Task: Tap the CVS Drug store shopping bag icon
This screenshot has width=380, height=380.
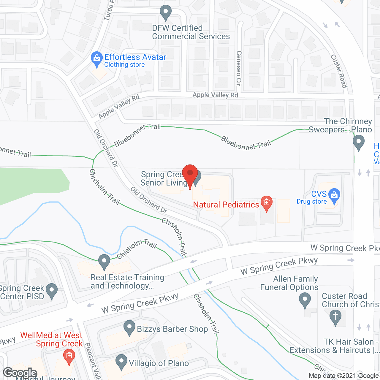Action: pyautogui.click(x=334, y=196)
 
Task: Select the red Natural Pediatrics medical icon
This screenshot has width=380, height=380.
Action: pyautogui.click(x=266, y=203)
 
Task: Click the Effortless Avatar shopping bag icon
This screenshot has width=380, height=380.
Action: pyautogui.click(x=96, y=59)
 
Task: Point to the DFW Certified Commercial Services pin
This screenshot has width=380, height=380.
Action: pyautogui.click(x=165, y=12)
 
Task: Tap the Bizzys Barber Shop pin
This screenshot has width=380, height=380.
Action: pyautogui.click(x=129, y=327)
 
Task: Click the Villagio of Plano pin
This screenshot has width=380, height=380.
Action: pyautogui.click(x=121, y=362)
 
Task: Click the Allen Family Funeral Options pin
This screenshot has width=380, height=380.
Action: pyautogui.click(x=305, y=300)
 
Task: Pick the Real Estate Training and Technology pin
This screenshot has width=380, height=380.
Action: pyautogui.click(x=104, y=262)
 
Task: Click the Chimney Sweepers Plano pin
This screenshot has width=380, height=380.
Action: pyautogui.click(x=359, y=142)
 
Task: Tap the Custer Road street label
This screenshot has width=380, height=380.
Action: pyautogui.click(x=339, y=71)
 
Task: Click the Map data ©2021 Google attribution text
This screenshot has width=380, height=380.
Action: pyautogui.click(x=344, y=376)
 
